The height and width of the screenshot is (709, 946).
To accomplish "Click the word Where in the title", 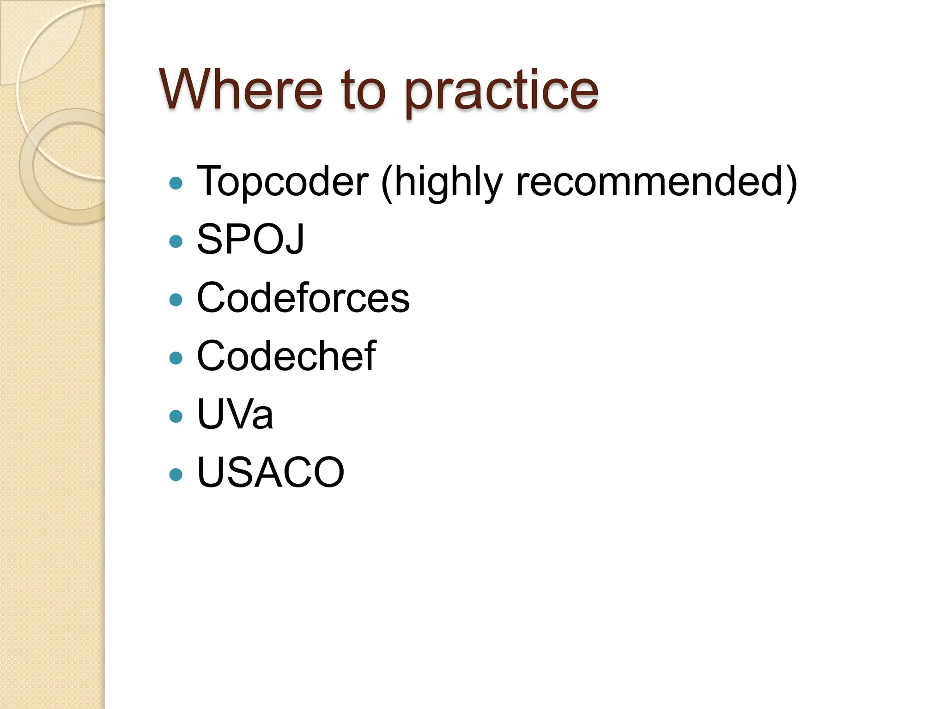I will point(241,90).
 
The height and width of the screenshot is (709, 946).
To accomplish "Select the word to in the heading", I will point(363,90).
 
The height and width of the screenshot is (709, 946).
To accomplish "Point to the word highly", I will point(448,183).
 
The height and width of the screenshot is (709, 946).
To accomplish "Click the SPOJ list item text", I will point(250,239).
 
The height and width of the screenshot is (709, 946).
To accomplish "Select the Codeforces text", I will point(303,298).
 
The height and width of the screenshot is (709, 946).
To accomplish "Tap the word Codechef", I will point(286,356).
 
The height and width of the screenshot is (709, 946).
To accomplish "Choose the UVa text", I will point(235,414).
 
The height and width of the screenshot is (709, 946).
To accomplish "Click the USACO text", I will point(271,472).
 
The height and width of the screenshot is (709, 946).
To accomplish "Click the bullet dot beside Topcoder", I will point(176,183).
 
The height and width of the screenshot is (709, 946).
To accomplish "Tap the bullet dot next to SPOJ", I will point(176,241).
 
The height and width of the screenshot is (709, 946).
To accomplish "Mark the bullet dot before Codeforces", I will point(176,300).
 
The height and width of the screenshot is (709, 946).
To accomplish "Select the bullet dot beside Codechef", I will point(176,358).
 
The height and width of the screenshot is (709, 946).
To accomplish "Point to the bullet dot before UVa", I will point(176,416).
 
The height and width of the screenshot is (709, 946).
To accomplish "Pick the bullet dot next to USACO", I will point(176,474).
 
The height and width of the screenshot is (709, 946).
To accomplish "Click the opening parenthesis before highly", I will point(387,183).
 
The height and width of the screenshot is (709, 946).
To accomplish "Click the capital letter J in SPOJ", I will point(294,240).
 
